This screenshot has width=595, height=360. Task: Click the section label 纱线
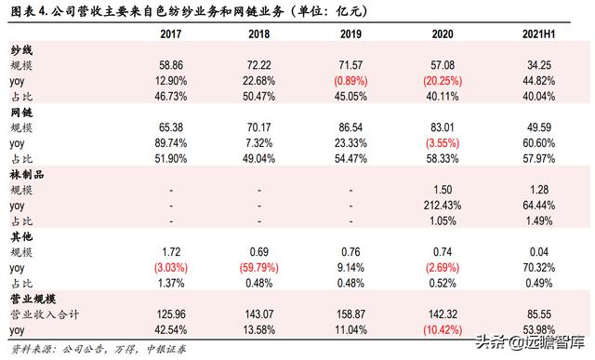pyautogui.click(x=21, y=48)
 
